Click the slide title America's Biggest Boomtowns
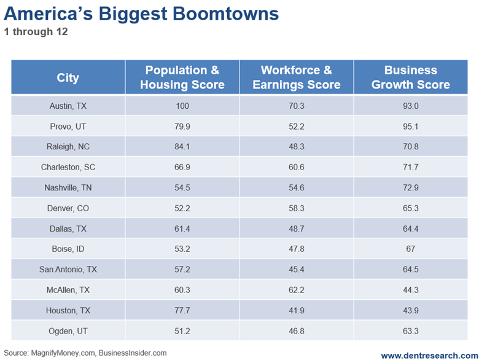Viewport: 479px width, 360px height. (x=141, y=14)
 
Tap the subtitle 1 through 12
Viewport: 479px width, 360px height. (x=35, y=32)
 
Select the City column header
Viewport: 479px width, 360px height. (x=68, y=77)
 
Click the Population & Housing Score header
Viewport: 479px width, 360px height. (x=182, y=77)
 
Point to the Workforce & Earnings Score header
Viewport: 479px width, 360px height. (x=297, y=77)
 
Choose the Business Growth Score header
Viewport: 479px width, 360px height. (x=410, y=77)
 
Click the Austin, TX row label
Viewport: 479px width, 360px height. (x=68, y=106)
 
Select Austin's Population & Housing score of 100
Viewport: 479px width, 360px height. (x=182, y=106)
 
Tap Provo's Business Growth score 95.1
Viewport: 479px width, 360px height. (x=411, y=127)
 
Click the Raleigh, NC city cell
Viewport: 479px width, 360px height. (x=68, y=147)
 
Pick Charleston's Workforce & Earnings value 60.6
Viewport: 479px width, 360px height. (x=297, y=167)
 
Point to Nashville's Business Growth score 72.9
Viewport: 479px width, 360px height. (x=411, y=187)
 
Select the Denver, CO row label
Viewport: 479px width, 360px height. (x=68, y=208)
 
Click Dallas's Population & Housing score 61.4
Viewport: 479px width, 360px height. (x=182, y=229)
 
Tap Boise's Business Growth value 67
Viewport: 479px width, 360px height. (x=411, y=249)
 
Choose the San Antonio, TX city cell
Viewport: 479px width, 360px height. (x=68, y=269)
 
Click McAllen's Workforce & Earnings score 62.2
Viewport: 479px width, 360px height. (x=297, y=289)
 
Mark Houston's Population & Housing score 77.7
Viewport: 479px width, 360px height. (x=182, y=310)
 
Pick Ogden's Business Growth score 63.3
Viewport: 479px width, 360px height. (x=411, y=330)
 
